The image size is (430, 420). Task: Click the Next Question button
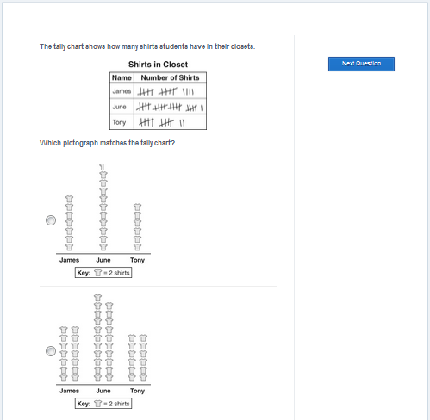(x=361, y=64)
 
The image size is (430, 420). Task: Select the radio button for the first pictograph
(x=51, y=220)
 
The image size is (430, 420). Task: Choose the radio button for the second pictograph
(x=51, y=351)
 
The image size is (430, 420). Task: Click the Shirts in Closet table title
(x=158, y=65)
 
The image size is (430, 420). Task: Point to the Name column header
(x=122, y=77)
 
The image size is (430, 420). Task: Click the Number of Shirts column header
(x=170, y=77)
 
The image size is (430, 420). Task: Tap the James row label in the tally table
(x=122, y=91)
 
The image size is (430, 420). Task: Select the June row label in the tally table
(x=119, y=107)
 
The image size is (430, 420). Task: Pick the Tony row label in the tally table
(x=119, y=122)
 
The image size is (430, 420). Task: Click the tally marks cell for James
(x=170, y=91)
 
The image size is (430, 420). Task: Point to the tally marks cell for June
(x=170, y=107)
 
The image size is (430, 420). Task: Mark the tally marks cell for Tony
(x=170, y=122)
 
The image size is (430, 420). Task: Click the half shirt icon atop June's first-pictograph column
(x=102, y=167)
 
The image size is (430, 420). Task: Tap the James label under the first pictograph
(x=69, y=260)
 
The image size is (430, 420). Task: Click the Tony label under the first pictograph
(x=137, y=260)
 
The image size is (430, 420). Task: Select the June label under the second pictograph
(x=103, y=391)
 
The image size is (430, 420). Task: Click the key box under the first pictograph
(x=103, y=273)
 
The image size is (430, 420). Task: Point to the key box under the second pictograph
(x=103, y=404)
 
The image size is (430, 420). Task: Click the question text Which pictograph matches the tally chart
(x=107, y=143)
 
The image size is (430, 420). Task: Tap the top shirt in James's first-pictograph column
(x=69, y=199)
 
